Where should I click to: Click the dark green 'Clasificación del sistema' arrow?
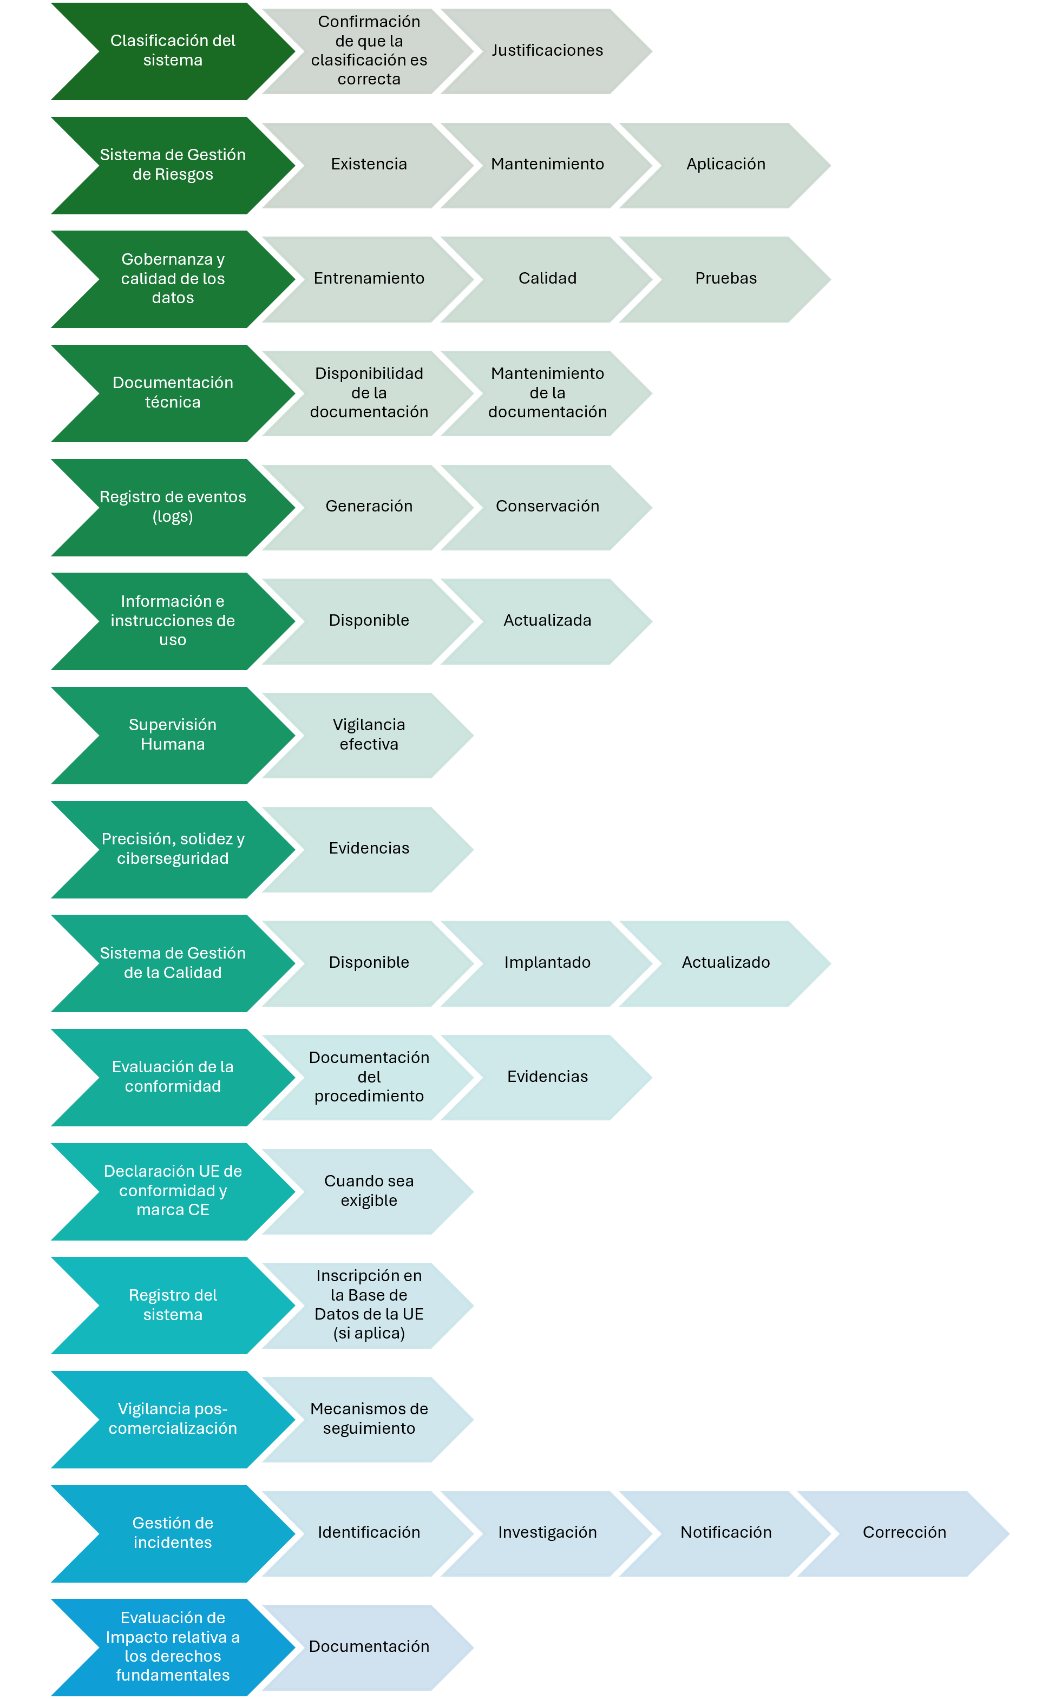[173, 51]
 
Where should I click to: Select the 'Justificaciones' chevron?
[548, 51]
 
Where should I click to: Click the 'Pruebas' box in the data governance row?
[726, 279]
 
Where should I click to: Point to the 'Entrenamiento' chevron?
[369, 279]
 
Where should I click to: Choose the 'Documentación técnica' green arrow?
[173, 393]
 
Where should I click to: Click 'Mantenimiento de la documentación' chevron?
[548, 393]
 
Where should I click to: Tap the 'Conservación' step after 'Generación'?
[548, 507]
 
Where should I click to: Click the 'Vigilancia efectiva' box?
[369, 736]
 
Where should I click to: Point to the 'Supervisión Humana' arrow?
[173, 736]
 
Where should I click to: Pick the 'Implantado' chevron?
[548, 963]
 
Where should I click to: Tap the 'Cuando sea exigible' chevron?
[369, 1192]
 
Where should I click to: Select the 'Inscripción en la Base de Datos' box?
[369, 1306]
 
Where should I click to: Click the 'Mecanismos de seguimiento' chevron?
[369, 1419]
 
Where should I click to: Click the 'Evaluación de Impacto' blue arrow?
[173, 1648]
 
